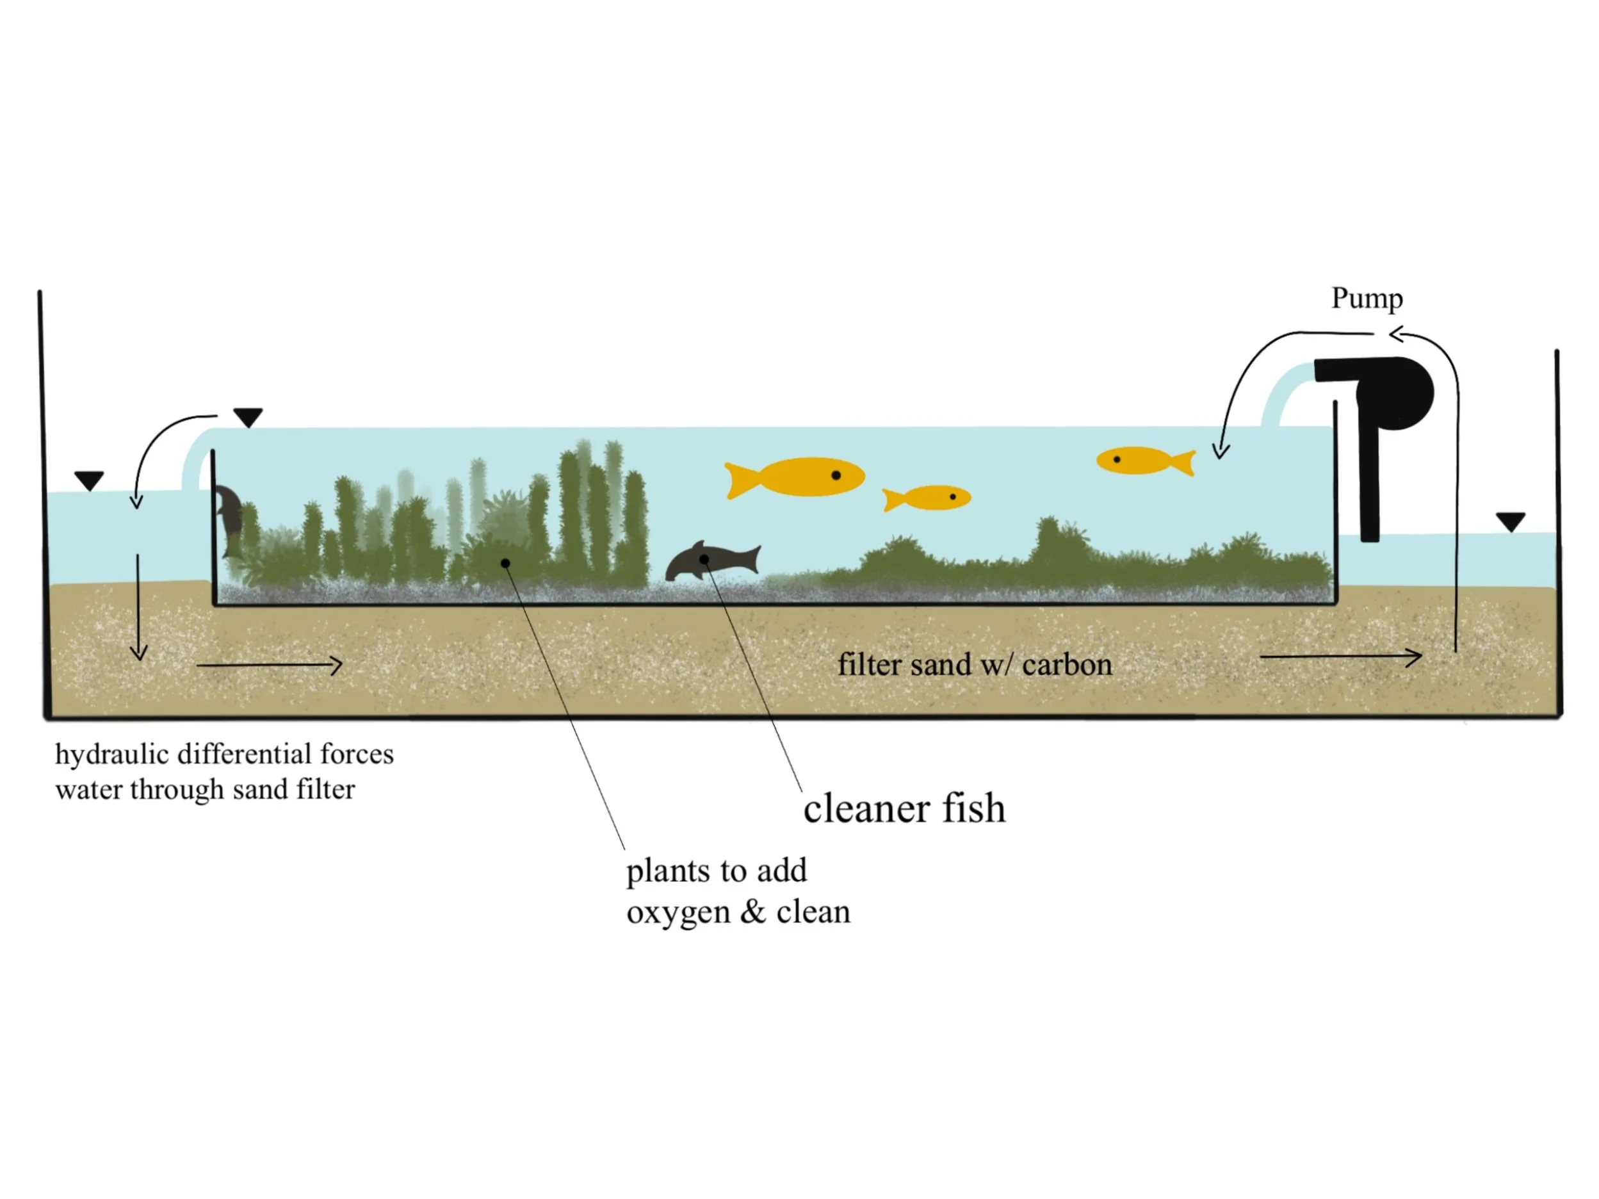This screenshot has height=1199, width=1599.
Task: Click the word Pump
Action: [1367, 298]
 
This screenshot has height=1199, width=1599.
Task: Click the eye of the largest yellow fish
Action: [836, 475]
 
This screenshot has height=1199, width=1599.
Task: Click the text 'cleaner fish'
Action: [904, 808]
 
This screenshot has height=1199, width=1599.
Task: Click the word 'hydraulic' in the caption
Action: [112, 754]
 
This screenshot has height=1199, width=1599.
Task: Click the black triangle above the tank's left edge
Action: [248, 417]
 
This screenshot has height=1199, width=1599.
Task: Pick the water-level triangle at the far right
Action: [1510, 521]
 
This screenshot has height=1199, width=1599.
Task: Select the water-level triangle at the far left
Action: [89, 480]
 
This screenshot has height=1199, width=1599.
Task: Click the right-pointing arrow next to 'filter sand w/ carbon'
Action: [1340, 657]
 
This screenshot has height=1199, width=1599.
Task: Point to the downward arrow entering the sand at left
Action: [138, 607]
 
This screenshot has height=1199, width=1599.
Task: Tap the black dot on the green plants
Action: [505, 562]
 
